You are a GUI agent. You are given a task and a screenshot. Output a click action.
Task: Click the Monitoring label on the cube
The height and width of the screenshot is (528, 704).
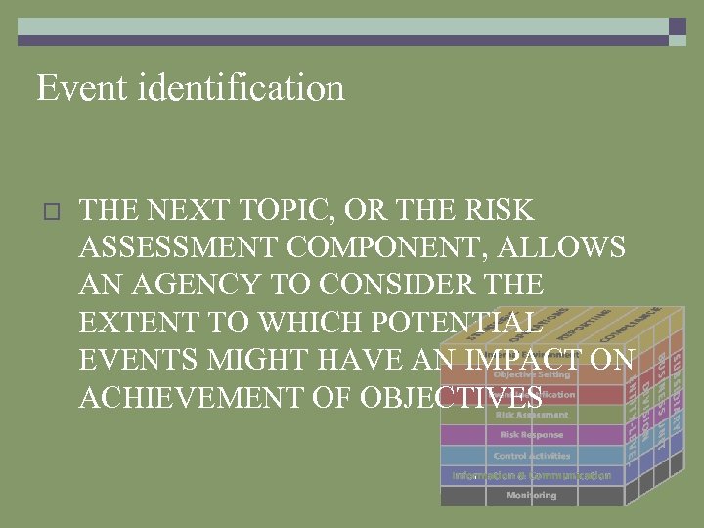point(531,496)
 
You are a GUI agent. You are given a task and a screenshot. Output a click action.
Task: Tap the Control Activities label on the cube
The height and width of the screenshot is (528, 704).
point(531,456)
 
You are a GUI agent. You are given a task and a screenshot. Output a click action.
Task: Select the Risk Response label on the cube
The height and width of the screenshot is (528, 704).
point(531,435)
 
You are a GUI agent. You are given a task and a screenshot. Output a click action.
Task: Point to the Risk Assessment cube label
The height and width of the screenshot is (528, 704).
point(531,415)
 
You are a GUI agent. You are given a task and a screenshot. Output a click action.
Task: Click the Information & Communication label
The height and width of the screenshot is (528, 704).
point(531,476)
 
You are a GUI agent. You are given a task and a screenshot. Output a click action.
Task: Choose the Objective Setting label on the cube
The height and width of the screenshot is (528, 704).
point(531,374)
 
